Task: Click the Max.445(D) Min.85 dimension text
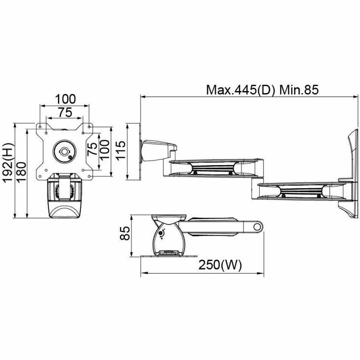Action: [x=262, y=90]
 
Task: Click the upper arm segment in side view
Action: [x=214, y=167]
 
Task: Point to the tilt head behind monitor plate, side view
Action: [x=158, y=150]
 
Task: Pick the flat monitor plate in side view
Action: [x=140, y=152]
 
